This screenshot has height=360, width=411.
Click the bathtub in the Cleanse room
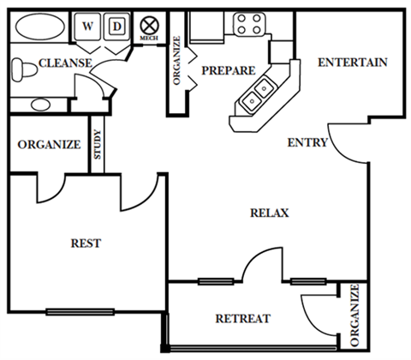[40, 27]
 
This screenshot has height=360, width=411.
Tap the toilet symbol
[24, 69]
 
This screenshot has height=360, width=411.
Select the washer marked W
[87, 27]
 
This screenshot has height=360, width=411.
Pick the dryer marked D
[117, 27]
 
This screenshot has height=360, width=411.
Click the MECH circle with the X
[149, 26]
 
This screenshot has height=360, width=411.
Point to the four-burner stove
[249, 24]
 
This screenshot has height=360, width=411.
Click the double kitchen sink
[258, 93]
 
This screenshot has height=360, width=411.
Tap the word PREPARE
[229, 70]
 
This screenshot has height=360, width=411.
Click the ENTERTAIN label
[353, 63]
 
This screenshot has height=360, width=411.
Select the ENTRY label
[307, 142]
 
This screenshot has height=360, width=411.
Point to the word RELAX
[270, 213]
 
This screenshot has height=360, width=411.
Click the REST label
[86, 243]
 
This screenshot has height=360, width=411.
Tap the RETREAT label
[243, 319]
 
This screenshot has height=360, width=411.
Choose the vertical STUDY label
[98, 145]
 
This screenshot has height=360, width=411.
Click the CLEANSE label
[65, 63]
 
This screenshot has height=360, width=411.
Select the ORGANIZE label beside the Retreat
[354, 315]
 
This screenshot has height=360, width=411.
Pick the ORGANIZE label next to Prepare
[177, 61]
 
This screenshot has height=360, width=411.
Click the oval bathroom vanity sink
[41, 105]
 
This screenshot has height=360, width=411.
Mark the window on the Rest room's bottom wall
[80, 312]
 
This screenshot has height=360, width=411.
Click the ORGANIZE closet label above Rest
[49, 145]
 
